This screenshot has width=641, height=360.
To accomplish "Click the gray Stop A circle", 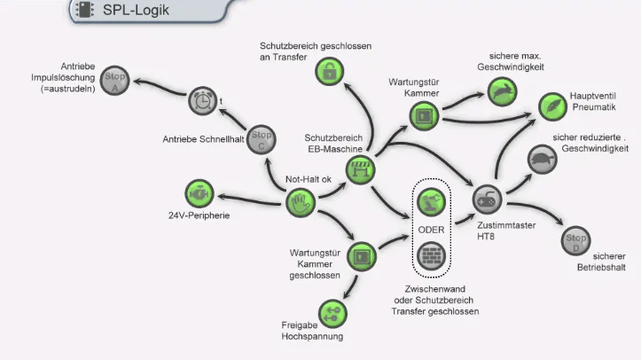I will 113,80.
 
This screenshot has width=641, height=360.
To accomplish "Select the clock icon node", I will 202,101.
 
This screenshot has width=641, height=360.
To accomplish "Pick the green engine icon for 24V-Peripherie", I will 198,192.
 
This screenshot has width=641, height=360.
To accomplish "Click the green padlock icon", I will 329,72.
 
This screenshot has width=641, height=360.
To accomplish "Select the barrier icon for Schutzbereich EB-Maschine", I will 361,169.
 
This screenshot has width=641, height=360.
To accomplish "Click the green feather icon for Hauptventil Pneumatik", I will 551,106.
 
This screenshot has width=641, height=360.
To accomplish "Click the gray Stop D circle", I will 575,239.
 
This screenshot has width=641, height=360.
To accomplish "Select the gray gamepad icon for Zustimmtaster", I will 487,197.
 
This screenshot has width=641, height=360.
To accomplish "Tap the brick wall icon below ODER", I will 431,255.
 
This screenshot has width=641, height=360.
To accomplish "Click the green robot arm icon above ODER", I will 431,200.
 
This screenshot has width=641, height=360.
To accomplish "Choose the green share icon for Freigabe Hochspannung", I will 332,311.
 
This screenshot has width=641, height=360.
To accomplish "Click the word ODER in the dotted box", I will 431,229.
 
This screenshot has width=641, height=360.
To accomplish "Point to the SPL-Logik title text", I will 136,11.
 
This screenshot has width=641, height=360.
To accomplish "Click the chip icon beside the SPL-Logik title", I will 85,11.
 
